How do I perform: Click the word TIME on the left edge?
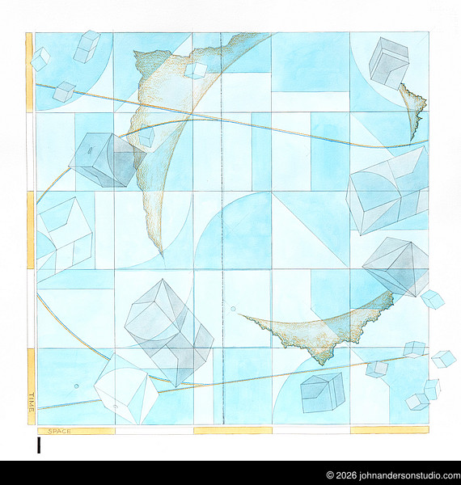point(32,397)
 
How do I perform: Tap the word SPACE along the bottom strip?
point(60,431)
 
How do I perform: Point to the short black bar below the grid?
point(38,445)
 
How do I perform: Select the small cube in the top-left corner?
point(40,57)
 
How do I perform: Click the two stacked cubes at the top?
point(87,46)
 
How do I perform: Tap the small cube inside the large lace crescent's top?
point(195,70)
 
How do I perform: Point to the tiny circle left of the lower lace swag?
point(234,308)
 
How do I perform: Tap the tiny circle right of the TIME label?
point(77,386)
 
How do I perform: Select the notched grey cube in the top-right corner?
point(388,62)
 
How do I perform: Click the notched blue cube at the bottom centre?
point(321,393)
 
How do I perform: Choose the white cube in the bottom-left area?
point(125,390)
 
